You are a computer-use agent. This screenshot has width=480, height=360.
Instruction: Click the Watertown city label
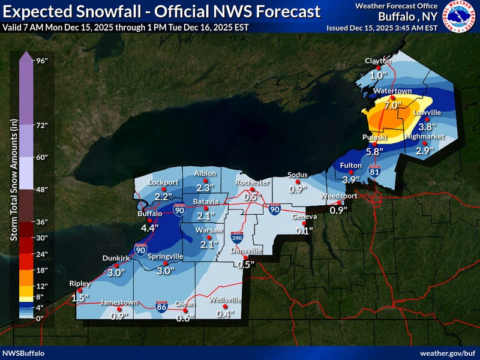pyautogui.click(x=392, y=91)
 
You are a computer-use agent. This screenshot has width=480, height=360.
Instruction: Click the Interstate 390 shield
pyautogui.click(x=236, y=238)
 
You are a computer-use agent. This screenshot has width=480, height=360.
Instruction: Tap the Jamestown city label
pyautogui.click(x=119, y=302)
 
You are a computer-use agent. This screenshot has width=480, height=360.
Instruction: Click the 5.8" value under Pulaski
pyautogui.click(x=374, y=151)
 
